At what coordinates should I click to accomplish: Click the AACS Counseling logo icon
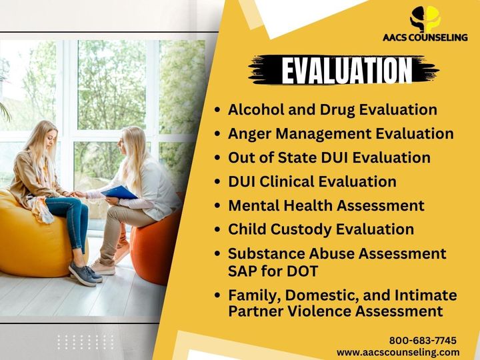coord(425,19)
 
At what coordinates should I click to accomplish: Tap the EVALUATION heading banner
coord(344,70)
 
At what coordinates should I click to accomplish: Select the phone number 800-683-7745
coord(423,340)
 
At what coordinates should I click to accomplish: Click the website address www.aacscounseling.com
coord(398,352)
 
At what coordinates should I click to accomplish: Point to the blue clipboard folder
coord(119,193)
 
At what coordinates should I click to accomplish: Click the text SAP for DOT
coord(273,271)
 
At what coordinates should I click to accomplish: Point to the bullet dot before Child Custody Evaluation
coord(217,229)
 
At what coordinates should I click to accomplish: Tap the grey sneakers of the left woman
coord(85,274)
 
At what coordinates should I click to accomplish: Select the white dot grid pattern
coord(85,342)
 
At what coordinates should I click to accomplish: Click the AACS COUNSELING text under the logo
coord(425,37)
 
